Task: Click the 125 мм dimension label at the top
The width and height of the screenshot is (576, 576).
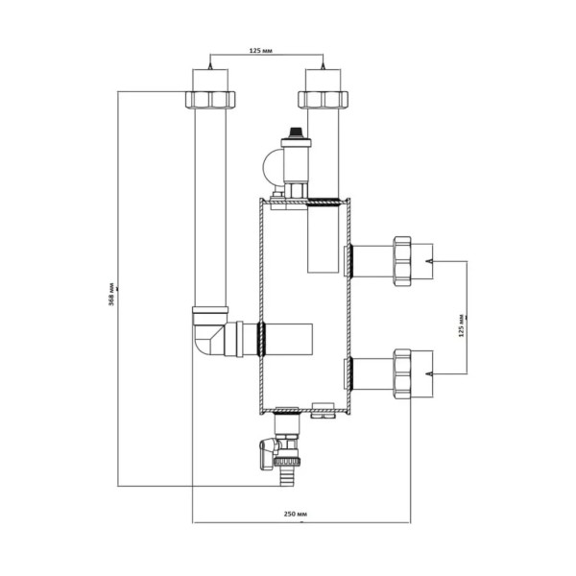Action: click(x=268, y=50)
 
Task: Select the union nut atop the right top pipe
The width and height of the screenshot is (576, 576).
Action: click(x=325, y=99)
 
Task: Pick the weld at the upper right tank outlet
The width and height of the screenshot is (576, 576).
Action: click(x=350, y=258)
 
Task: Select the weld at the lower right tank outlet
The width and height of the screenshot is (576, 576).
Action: click(x=350, y=372)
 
